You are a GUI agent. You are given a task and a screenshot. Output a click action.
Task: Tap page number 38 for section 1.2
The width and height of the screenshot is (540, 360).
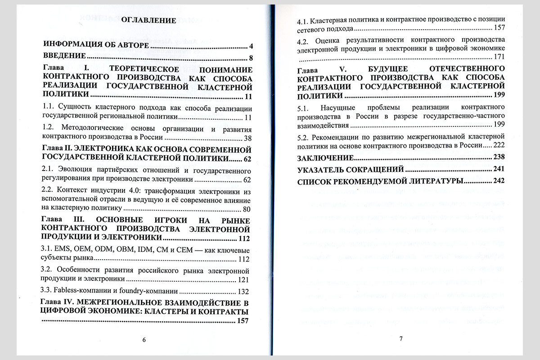pos(247,138)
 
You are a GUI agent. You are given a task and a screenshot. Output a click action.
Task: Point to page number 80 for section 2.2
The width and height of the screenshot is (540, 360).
pos(247,209)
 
